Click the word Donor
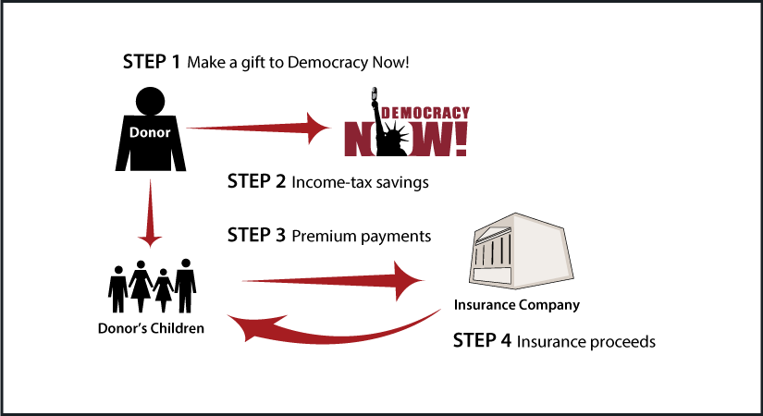(x=150, y=132)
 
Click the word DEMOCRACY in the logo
(x=425, y=114)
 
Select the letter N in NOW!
(x=356, y=139)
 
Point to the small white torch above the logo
(x=373, y=94)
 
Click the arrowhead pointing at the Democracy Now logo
(x=319, y=128)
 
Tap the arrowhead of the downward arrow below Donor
(x=150, y=239)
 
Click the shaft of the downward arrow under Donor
(x=150, y=203)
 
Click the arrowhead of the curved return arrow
(x=242, y=326)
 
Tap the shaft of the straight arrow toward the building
(x=314, y=280)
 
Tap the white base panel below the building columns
(x=492, y=275)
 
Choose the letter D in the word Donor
(x=134, y=132)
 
